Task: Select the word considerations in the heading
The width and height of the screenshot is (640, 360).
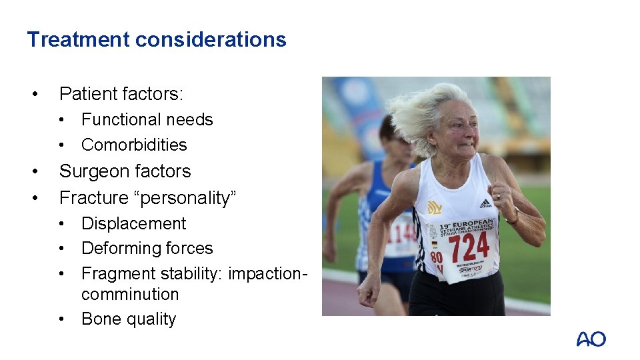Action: coord(211,40)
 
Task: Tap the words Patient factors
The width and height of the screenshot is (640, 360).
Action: coord(121,94)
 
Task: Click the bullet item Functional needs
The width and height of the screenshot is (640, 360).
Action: coord(147,120)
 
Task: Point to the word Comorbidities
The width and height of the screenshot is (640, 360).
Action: coord(134,145)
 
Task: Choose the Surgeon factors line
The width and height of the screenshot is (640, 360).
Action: coord(125,171)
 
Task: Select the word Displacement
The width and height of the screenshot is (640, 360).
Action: coord(133,223)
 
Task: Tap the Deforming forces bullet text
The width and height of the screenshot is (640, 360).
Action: coord(147,249)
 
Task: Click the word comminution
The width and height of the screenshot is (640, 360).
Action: coord(129,294)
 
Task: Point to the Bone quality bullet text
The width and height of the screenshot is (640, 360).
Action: coord(128,319)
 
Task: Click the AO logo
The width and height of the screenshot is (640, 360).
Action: coord(591,339)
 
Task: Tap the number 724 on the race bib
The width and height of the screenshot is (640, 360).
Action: coord(469,248)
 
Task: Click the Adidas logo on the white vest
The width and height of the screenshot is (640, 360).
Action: coord(485,203)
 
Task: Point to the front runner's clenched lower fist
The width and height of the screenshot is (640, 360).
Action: coord(367,291)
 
